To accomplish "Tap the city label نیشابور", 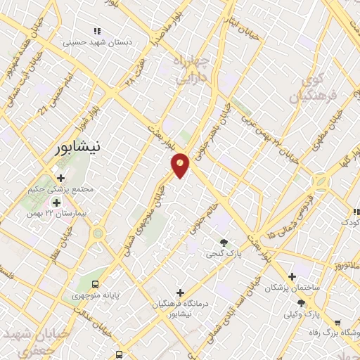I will coord(77,148).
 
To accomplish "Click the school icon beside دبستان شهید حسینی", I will coord(98,31).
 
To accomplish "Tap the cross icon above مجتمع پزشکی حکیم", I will coord(61,178).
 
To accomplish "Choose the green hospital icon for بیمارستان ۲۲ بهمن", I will coord(56,202).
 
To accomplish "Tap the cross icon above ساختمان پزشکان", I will coord(292,276).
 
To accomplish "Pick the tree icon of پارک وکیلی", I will coord(301,302).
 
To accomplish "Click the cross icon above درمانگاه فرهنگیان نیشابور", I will coord(181,292).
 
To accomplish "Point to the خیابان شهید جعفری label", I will coord(30,339).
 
